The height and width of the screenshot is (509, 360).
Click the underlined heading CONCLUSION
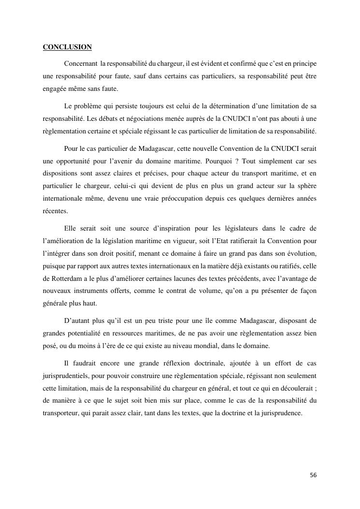[67, 47]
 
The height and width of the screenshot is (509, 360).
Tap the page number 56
[313, 475]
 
